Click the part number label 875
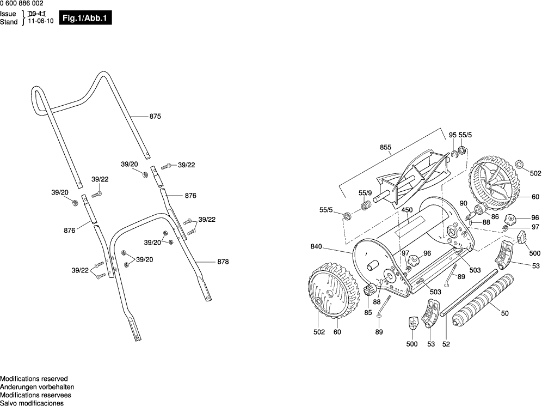tap(156, 116)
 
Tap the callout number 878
tap(223, 262)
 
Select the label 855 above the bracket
tap(386, 147)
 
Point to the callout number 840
tap(317, 247)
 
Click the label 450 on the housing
tap(407, 210)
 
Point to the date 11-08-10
tap(41, 22)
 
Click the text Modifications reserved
tap(34, 379)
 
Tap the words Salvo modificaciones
tap(32, 403)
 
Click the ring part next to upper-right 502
tap(519, 163)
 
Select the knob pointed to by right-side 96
tap(510, 220)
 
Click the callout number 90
tap(464, 203)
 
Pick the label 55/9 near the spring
tap(365, 193)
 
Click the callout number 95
tap(453, 135)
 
